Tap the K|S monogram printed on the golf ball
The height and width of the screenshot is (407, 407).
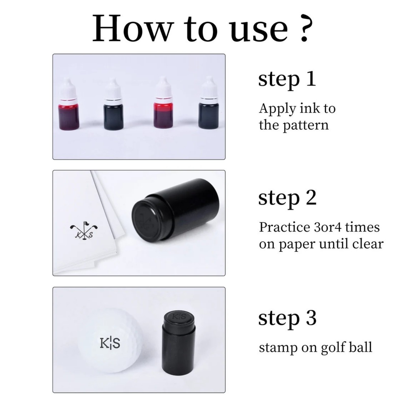coord(110,343)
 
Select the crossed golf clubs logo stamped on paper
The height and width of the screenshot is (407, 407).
coord(84,230)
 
